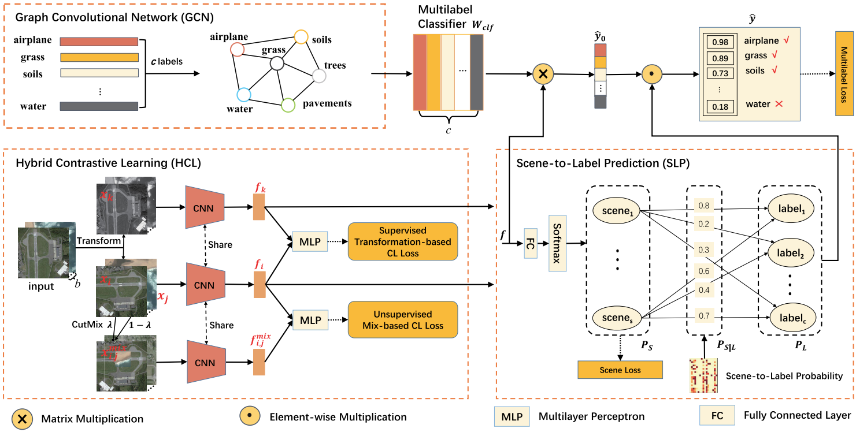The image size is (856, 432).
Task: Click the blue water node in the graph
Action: tap(243, 95)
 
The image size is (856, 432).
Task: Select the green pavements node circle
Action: tap(288, 105)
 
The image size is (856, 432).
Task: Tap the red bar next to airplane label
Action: tap(98, 42)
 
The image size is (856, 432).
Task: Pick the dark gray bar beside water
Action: tap(98, 106)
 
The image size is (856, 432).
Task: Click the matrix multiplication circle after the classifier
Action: tap(543, 74)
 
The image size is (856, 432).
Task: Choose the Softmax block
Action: tap(558, 243)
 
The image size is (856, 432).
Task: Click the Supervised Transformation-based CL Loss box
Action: tap(402, 241)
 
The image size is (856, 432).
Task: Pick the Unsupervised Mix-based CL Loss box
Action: tap(402, 320)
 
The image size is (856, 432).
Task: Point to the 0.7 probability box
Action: tap(703, 316)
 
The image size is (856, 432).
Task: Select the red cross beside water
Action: tap(778, 104)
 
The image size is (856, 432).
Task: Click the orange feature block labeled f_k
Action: tap(258, 206)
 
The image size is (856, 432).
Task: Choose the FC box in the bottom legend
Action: tap(712, 415)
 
